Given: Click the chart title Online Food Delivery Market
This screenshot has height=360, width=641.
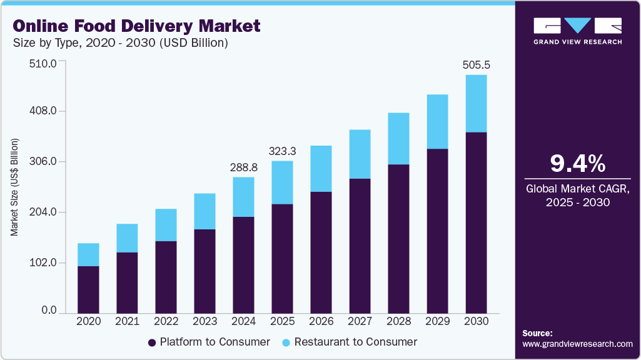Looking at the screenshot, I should point(136,26).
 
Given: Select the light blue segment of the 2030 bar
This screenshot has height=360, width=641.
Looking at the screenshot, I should point(476,103).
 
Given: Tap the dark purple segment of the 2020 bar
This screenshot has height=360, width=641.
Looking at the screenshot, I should point(88,289).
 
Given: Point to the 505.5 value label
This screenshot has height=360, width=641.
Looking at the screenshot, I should point(476,64).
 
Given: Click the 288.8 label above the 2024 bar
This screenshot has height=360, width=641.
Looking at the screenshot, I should point(243,167).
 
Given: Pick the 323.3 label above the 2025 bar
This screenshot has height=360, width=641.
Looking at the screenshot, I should point(282,151).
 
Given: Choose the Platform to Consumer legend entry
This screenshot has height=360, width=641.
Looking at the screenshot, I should point(209,342).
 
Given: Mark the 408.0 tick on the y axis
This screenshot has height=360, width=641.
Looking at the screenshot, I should point(44,111).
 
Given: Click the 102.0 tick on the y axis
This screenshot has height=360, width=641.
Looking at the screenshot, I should point(44,262).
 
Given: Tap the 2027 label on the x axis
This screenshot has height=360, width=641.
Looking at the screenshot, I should point(360,321).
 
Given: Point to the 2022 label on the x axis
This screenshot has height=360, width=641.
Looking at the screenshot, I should point(166,321).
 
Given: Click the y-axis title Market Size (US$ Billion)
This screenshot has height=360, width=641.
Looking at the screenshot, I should point(14,186).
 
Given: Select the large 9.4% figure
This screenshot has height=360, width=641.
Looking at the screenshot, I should point(577,164).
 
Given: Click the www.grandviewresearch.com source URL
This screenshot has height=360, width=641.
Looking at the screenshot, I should point(577,344).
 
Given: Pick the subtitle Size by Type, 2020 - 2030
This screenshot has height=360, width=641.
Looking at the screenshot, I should point(120,44).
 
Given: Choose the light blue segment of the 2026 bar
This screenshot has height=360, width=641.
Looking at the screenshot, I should point(321,169).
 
